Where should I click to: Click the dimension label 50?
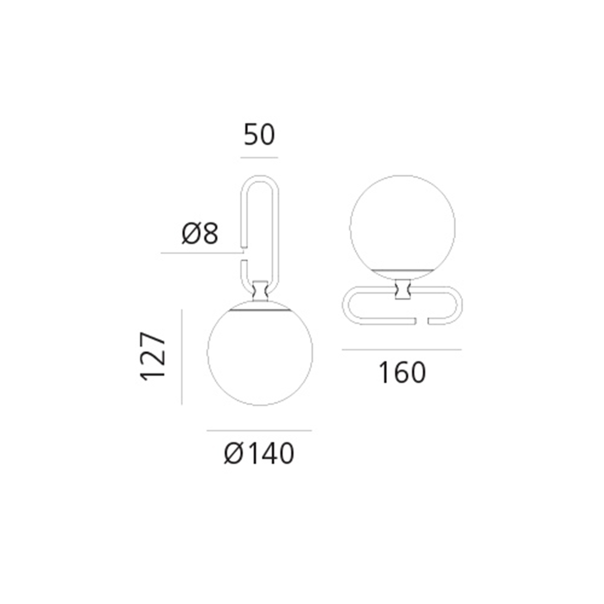coord(260,135)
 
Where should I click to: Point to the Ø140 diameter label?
coord(259,454)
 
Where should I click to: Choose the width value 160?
coord(402,373)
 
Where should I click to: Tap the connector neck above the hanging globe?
coord(260,290)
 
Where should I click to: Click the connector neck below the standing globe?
coord(402,290)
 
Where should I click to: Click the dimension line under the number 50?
coord(259,158)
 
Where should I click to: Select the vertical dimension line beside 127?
coord(182,357)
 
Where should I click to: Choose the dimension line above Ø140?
coord(259,431)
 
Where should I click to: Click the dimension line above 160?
coord(402,349)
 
